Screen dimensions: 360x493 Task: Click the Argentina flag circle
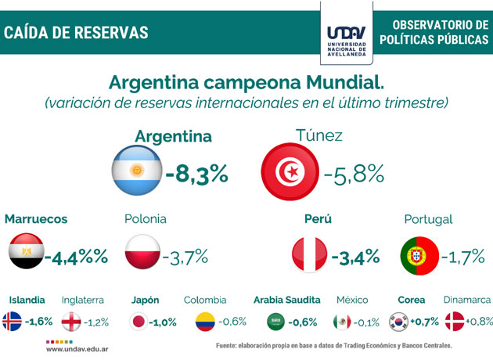pos(137,171)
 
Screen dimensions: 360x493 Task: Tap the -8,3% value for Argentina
pos(196,171)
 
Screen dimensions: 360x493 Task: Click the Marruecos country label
pos(36,219)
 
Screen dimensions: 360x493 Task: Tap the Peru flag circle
pos(309,256)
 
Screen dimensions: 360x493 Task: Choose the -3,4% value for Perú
pos(355,256)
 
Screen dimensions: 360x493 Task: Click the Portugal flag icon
pos(418,256)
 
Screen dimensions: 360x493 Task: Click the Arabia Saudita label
pos(287,300)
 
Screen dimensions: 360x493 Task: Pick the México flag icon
pos(341,321)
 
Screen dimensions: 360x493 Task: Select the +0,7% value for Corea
pos(426,321)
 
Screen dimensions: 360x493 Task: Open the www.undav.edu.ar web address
pos(77,350)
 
